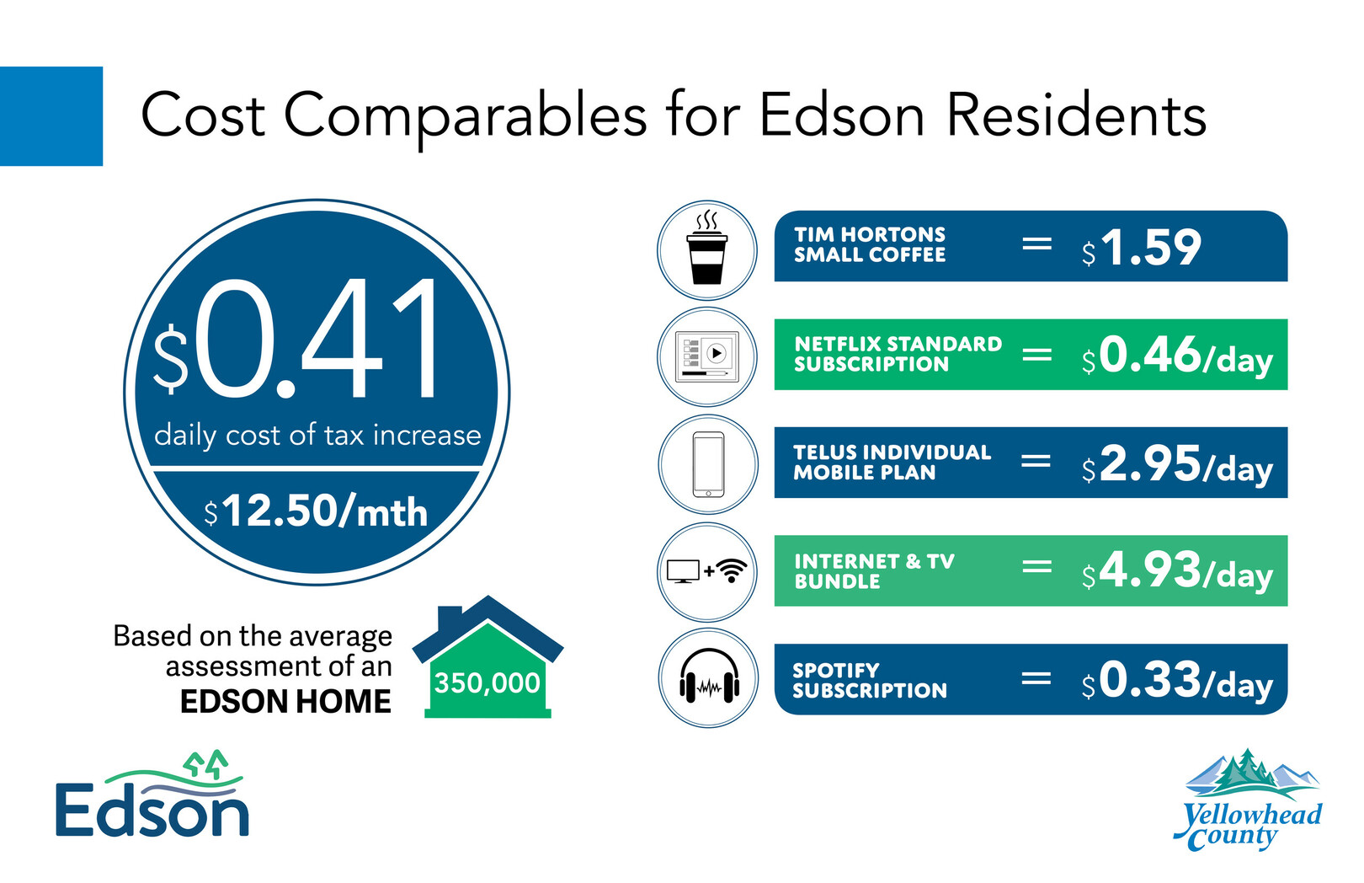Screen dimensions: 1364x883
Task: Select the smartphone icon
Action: [708, 464]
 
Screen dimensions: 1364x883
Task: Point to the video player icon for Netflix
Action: [707, 356]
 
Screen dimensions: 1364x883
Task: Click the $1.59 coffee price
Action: [1141, 248]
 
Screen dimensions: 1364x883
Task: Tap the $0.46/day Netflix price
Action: [1177, 356]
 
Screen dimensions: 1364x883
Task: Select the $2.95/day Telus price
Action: [1177, 464]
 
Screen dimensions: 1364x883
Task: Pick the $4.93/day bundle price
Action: [1177, 571]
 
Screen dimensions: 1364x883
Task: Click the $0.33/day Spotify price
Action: [1177, 680]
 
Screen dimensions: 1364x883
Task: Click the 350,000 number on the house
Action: [488, 683]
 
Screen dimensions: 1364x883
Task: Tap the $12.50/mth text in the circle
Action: [316, 511]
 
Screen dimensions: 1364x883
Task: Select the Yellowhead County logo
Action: [1248, 800]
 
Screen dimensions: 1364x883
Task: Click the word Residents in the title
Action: [1076, 115]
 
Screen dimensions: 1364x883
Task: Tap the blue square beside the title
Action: [51, 115]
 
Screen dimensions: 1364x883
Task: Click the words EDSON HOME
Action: [285, 701]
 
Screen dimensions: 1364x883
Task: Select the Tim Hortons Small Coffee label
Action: [870, 244]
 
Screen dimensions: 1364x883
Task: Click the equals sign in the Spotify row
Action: [1036, 677]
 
